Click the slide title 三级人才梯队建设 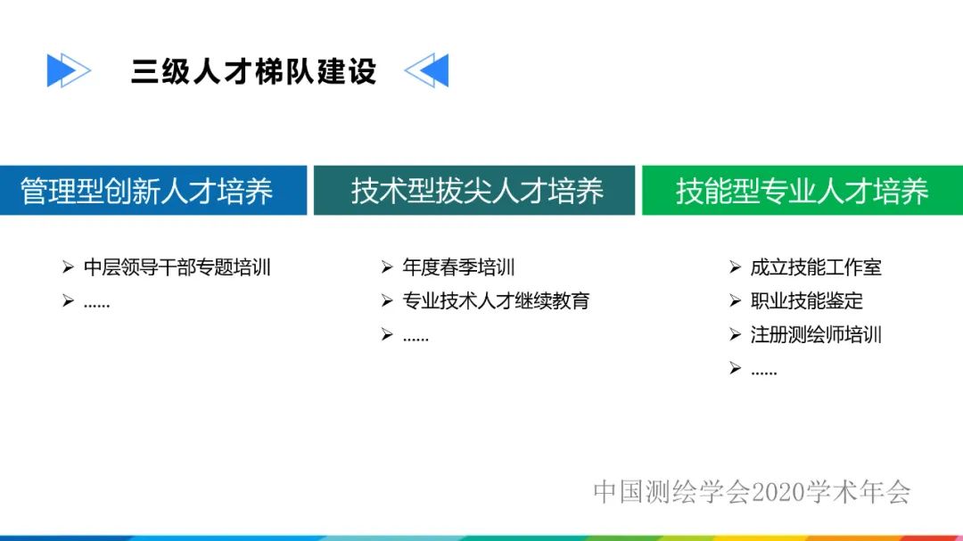click(x=253, y=71)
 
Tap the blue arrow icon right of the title click(x=427, y=70)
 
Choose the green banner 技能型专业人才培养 click(x=802, y=191)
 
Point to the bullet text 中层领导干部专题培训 click(x=177, y=267)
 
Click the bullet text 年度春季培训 click(x=458, y=267)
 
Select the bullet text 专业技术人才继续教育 click(x=496, y=301)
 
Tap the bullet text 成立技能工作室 click(x=816, y=267)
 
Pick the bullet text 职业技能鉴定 click(x=806, y=301)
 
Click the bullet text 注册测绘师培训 click(x=816, y=335)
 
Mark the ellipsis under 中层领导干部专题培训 click(x=96, y=304)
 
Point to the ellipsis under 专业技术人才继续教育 click(x=416, y=338)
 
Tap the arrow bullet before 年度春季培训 click(x=387, y=266)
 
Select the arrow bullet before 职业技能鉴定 click(x=735, y=300)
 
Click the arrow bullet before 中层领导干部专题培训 click(x=68, y=266)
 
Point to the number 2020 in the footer click(x=778, y=491)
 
